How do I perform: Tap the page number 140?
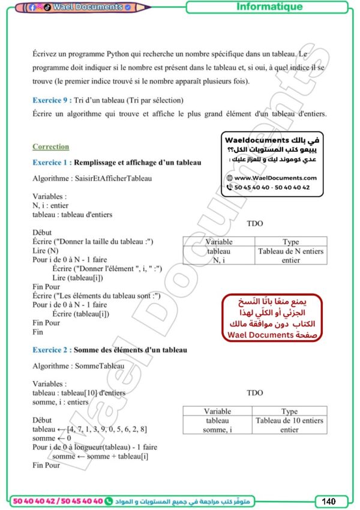point(328,501)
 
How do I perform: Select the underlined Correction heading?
point(50,146)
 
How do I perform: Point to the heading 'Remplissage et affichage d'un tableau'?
point(137,163)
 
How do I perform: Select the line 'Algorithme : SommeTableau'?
point(78,365)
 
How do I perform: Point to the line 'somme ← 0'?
point(52,438)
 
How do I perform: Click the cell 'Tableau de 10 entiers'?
point(289,421)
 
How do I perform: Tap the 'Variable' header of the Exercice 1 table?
point(218,242)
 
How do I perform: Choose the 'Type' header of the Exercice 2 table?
point(289,411)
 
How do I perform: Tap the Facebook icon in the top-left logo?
point(32,7)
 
